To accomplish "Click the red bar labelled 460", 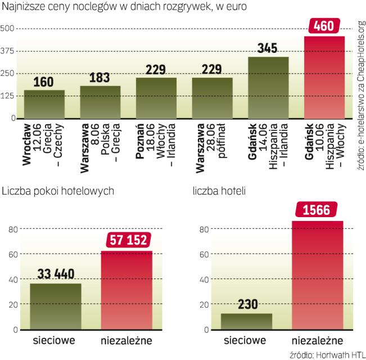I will point(324,78).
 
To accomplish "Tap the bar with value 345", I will point(269,88).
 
